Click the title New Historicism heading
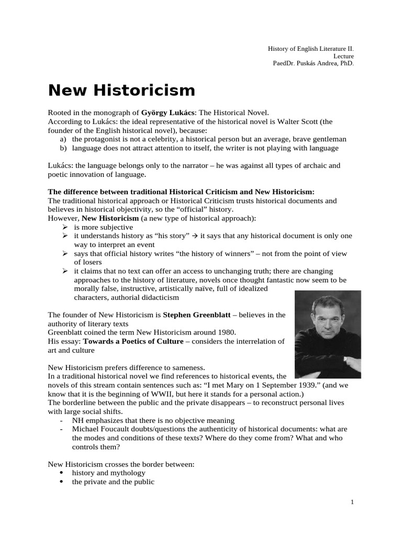tap(121, 91)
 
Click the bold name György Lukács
tap(168, 112)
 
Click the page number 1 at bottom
tap(352, 502)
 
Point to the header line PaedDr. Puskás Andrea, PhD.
tap(313, 63)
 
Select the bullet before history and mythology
tap(63, 473)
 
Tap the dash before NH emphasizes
tap(62, 420)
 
